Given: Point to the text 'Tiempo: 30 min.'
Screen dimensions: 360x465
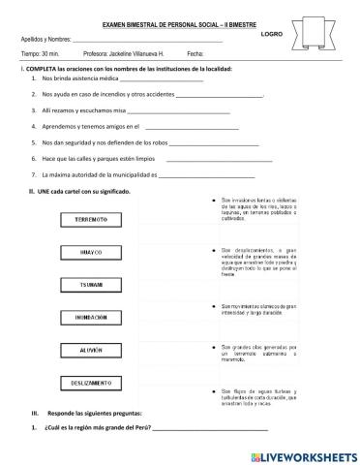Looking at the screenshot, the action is [x=42, y=55].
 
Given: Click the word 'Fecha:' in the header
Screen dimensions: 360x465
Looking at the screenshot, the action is [x=196, y=55].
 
